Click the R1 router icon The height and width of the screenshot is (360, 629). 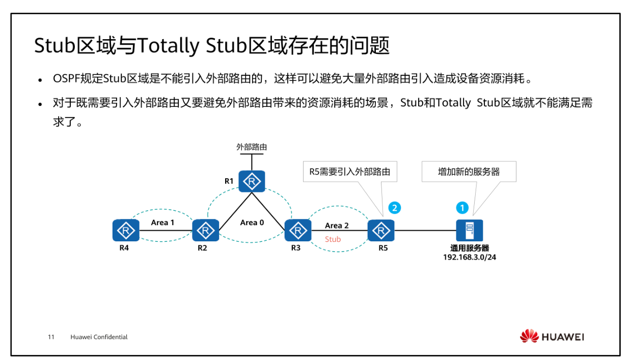coord(252,181)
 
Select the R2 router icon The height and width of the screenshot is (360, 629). coord(205,231)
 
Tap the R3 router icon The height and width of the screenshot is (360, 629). coord(297,231)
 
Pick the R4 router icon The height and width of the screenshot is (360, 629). coord(125,231)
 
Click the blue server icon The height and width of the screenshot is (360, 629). coord(469,230)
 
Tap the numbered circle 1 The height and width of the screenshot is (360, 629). coord(462,208)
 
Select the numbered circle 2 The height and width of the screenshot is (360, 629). coord(394,208)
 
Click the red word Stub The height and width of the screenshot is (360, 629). coord(333,239)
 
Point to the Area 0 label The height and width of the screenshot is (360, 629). coord(252,223)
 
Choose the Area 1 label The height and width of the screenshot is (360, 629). coord(162,223)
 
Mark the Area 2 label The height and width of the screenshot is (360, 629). coord(337,226)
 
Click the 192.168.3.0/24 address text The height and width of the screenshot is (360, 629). coord(469,258)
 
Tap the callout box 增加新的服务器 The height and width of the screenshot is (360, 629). coord(469,172)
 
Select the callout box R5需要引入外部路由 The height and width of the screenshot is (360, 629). coord(349,172)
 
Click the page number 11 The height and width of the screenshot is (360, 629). coord(51,337)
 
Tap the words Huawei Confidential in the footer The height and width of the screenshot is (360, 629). coord(99,337)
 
